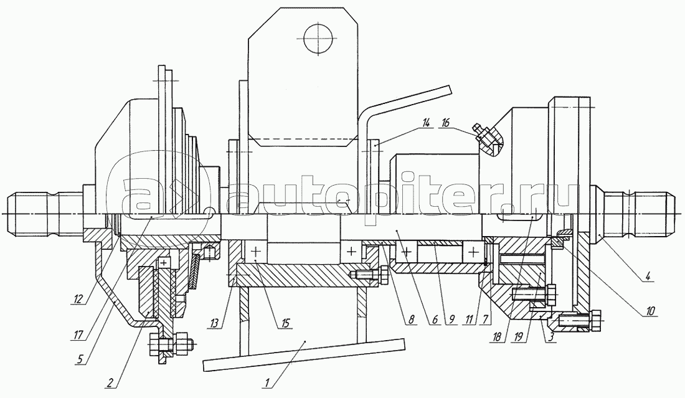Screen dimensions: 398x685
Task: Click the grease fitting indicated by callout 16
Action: (x=487, y=139)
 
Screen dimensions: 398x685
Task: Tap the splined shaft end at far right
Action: (x=641, y=212)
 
